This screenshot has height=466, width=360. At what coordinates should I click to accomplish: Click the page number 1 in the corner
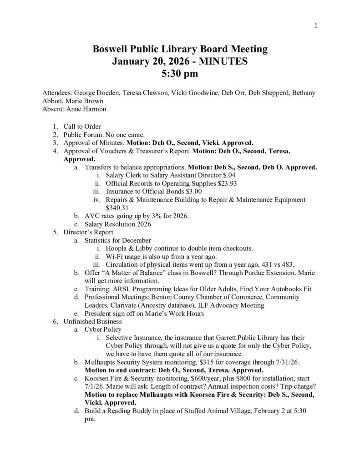[315, 26]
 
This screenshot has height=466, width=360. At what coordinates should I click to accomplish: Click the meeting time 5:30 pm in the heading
[180, 72]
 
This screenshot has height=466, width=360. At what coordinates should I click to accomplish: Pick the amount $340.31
[116, 208]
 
